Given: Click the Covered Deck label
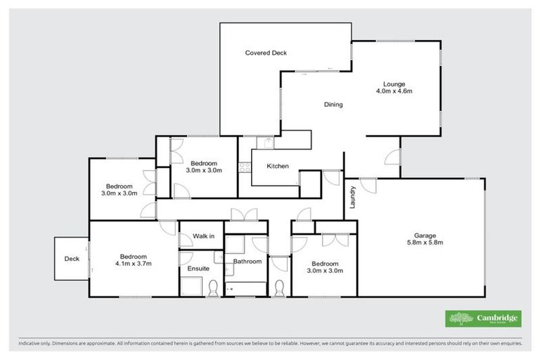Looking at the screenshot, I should pyautogui.click(x=265, y=53).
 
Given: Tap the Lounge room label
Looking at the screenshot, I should pyautogui.click(x=394, y=84).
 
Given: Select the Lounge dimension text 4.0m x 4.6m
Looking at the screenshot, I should pyautogui.click(x=394, y=91).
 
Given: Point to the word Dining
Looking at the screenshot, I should pyautogui.click(x=333, y=105).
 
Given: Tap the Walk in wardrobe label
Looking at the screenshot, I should pyautogui.click(x=203, y=236).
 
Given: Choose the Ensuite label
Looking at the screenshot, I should pyautogui.click(x=198, y=269).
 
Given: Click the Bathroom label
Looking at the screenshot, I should pyautogui.click(x=247, y=262).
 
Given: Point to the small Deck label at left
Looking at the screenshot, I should pyautogui.click(x=72, y=259).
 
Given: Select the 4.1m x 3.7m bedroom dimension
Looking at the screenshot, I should pyautogui.click(x=133, y=264).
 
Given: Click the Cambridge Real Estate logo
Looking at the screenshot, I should pyautogui.click(x=483, y=319).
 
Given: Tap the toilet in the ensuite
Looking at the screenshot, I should pyautogui.click(x=214, y=286).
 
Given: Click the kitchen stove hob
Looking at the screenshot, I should pyautogui.click(x=244, y=167).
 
